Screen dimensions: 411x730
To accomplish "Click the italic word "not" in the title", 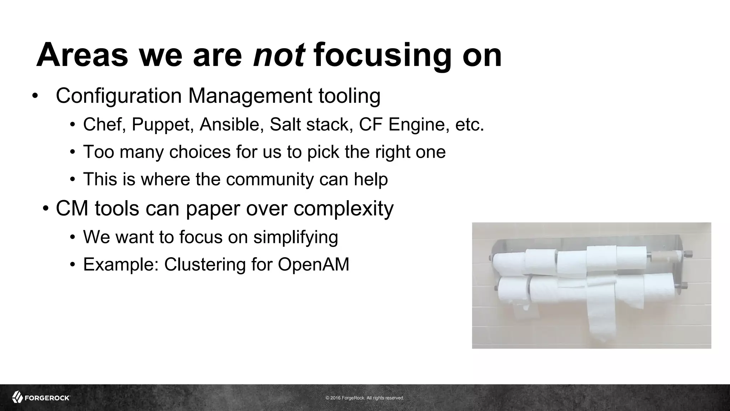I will coord(279,55).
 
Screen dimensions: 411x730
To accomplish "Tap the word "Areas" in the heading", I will coord(82,55).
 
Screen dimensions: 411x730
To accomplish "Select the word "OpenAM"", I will coord(313,264).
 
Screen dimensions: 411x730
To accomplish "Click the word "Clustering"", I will coord(205,264).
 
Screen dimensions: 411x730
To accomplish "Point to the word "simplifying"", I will coord(295,237).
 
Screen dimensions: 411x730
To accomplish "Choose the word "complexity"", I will coord(344,208).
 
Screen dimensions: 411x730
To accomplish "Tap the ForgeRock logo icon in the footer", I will coord(17,397).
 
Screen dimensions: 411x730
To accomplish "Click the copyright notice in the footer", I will coord(365,398).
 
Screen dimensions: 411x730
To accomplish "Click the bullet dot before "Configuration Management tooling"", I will coord(35,96).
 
